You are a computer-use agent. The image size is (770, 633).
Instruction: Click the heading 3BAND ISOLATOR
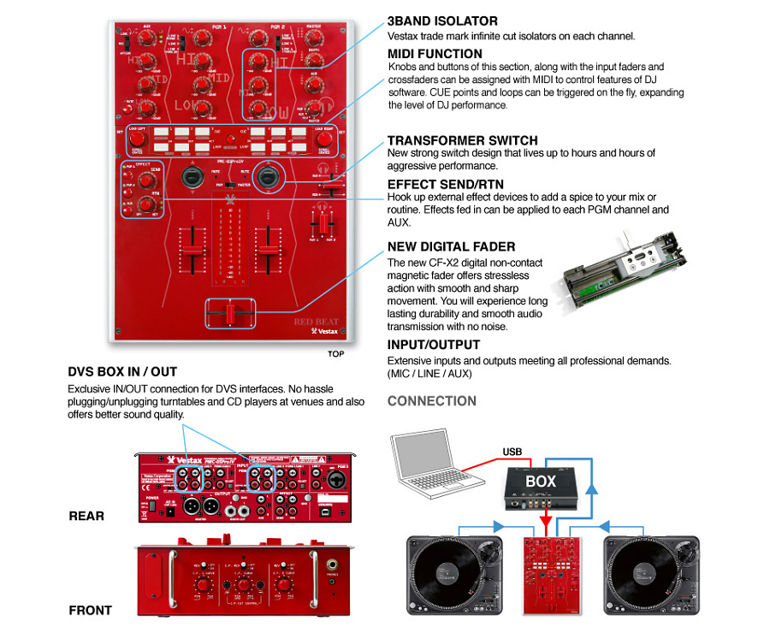pyautogui.click(x=441, y=21)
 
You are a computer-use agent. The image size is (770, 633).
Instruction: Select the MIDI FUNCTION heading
pyautogui.click(x=435, y=54)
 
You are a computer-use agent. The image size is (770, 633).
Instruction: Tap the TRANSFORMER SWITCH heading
pyautogui.click(x=462, y=140)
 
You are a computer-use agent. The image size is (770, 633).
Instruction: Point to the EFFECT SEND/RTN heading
pyautogui.click(x=445, y=184)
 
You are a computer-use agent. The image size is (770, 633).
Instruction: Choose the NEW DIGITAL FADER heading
pyautogui.click(x=451, y=246)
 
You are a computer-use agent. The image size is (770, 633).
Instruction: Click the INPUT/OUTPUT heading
pyautogui.click(x=433, y=345)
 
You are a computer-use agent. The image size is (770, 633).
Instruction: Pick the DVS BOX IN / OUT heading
pyautogui.click(x=122, y=372)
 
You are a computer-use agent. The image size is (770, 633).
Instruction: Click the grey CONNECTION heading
pyautogui.click(x=432, y=400)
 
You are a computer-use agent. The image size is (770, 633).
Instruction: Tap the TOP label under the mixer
pyautogui.click(x=335, y=352)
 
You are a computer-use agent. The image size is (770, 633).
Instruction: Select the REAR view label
pyautogui.click(x=86, y=516)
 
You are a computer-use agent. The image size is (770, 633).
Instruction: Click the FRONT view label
pyautogui.click(x=90, y=610)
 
